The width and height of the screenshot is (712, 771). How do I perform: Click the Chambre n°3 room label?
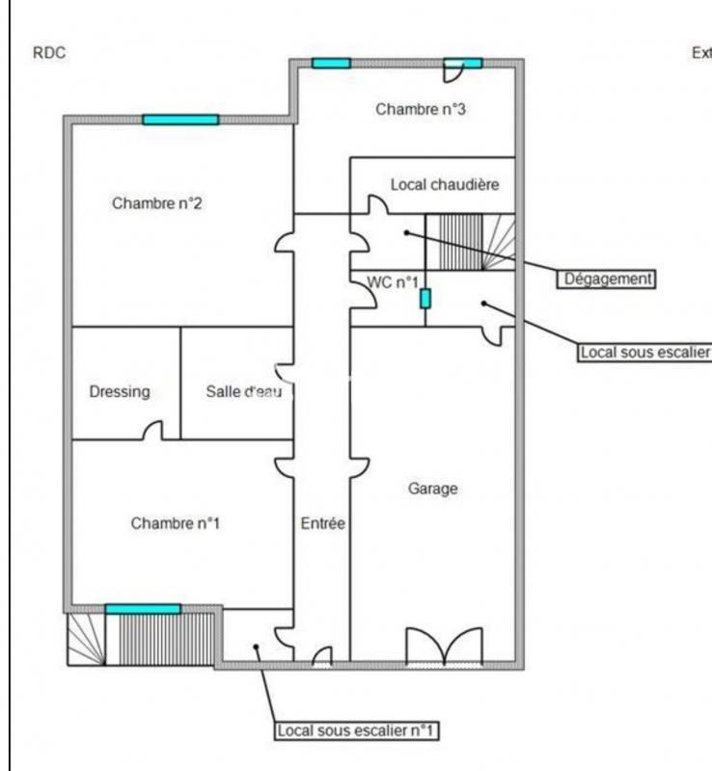tap(421, 110)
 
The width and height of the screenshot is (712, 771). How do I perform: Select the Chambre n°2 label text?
tap(156, 203)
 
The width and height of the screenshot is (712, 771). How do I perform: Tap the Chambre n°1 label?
tap(176, 523)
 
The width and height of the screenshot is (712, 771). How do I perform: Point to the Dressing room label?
tap(120, 391)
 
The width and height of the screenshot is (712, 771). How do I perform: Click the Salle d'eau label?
tap(243, 391)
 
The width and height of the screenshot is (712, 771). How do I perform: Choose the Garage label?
tap(432, 489)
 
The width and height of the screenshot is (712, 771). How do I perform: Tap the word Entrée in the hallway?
tap(322, 523)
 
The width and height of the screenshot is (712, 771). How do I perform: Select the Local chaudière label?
tap(445, 183)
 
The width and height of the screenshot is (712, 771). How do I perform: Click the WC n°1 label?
tap(393, 281)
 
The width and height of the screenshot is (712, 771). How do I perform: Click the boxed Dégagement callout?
tap(607, 279)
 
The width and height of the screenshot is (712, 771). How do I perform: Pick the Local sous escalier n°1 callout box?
tap(355, 731)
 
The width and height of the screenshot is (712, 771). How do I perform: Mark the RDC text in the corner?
tap(49, 54)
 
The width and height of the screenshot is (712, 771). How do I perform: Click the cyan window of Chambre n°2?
tap(180, 120)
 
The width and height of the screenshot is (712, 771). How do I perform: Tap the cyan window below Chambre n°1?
tap(143, 609)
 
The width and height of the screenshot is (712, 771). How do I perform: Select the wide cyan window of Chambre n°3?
tap(331, 64)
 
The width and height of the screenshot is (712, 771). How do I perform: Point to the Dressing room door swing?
tap(152, 431)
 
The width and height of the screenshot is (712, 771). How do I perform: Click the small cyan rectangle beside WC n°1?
tap(424, 299)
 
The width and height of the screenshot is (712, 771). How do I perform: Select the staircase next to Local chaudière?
tap(472, 242)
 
